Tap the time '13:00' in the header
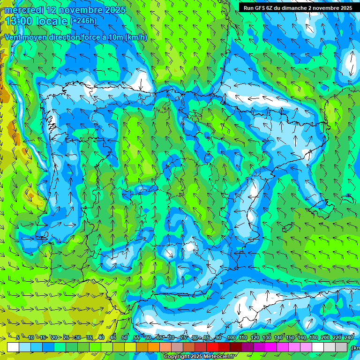pyautogui.click(x=20, y=21)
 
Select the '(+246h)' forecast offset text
pyautogui.click(x=84, y=21)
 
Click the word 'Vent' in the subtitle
pyautogui.click(x=14, y=37)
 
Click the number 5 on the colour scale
pyautogui.click(x=18, y=337)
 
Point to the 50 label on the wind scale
pyautogui.click(x=125, y=337)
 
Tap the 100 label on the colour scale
pyautogui.click(x=231, y=337)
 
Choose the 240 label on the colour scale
pyautogui.click(x=349, y=337)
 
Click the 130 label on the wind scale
pyautogui.click(x=266, y=337)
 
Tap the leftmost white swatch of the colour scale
pyautogui.click(x=13, y=347)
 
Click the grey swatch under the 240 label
pyautogui.click(x=342, y=347)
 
